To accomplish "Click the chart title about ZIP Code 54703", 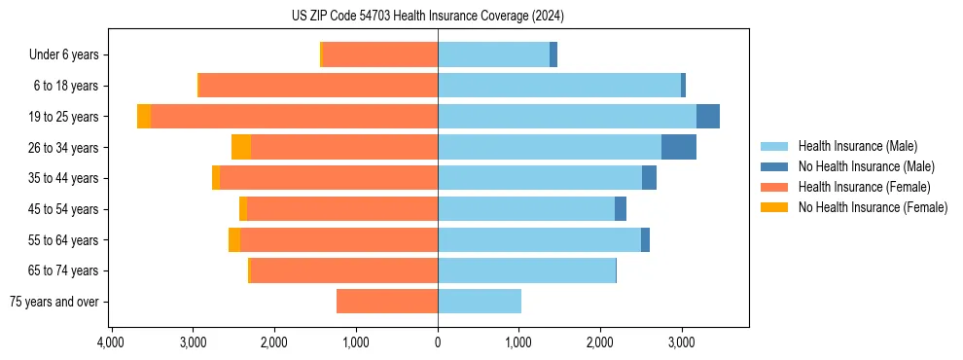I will [x=427, y=17].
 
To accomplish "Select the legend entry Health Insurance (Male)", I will [x=856, y=146].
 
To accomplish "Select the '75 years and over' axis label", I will [x=54, y=302].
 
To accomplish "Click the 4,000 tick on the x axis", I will [x=111, y=342].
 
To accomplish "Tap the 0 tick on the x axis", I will [x=438, y=342].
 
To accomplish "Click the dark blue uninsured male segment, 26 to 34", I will [x=679, y=147].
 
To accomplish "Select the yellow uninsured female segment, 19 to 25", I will [x=144, y=117].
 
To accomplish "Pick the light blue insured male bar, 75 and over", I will [x=480, y=302].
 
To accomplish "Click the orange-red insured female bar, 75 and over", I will [x=387, y=302].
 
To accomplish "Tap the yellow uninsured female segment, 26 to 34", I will [x=241, y=147].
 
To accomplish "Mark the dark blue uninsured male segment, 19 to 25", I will [x=708, y=117].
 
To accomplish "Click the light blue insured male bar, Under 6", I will [x=493, y=55].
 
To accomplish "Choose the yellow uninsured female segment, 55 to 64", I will [x=234, y=240].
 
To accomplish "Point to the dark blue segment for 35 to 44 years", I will [x=649, y=178].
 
